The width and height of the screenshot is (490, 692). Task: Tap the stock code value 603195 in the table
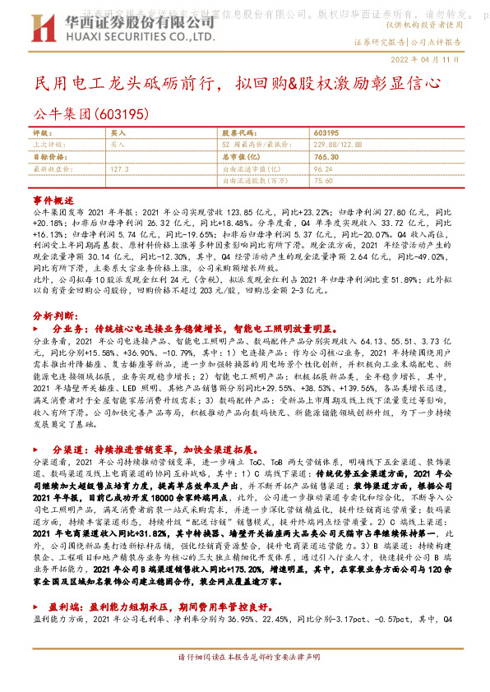pyautogui.click(x=326, y=132)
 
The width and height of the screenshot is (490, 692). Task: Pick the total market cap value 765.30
pyautogui.click(x=326, y=155)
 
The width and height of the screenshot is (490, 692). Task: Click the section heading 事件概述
pyautogui.click(x=50, y=201)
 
